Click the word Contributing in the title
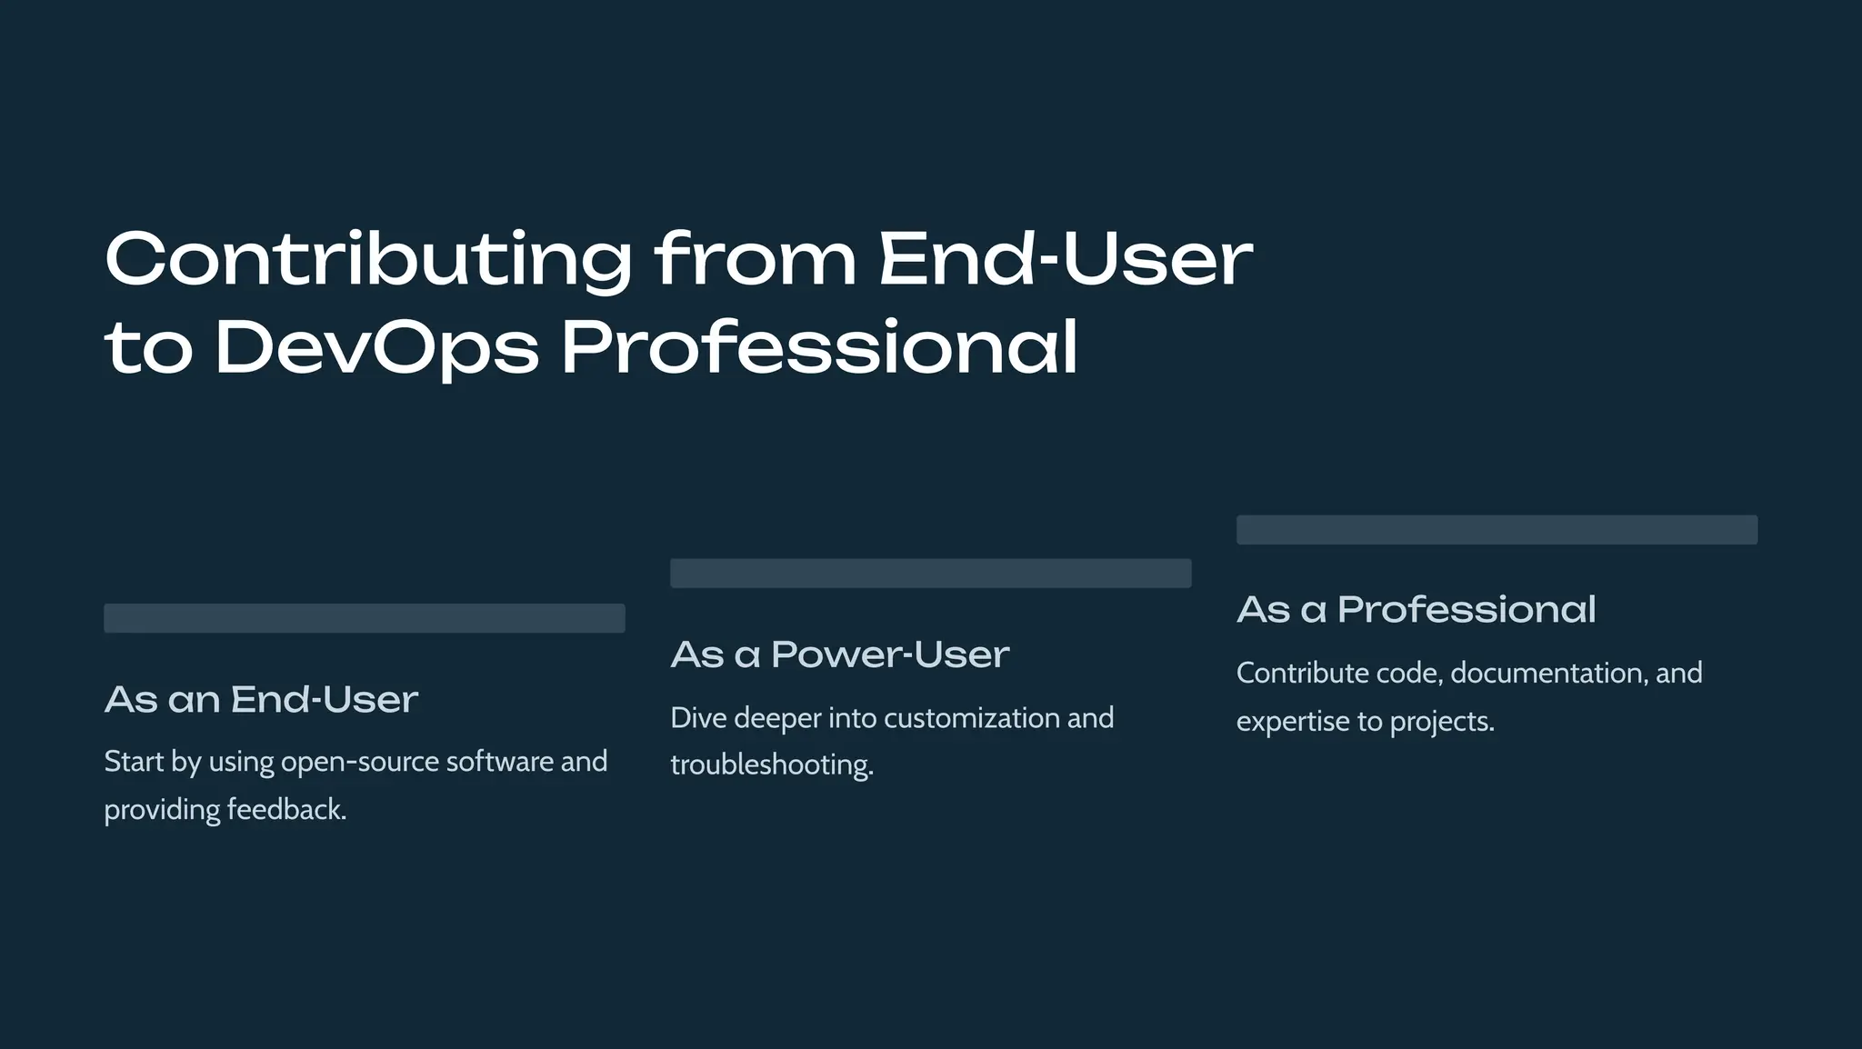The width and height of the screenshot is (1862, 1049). (368, 260)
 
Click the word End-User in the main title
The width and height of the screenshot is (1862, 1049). (1066, 260)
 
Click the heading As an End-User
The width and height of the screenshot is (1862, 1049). (261, 700)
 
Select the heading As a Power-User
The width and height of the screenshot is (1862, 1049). (839, 655)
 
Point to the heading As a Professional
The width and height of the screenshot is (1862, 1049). (1416, 610)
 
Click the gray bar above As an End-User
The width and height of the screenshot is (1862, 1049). (364, 618)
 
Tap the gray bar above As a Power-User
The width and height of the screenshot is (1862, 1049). (930, 574)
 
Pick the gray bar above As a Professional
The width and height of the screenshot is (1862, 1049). (1497, 530)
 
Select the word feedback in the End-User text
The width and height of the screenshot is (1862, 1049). (285, 810)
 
